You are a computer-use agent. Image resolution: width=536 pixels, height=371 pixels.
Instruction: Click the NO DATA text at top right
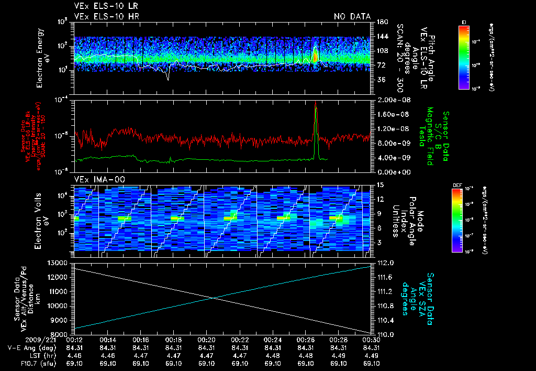point(352,17)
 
